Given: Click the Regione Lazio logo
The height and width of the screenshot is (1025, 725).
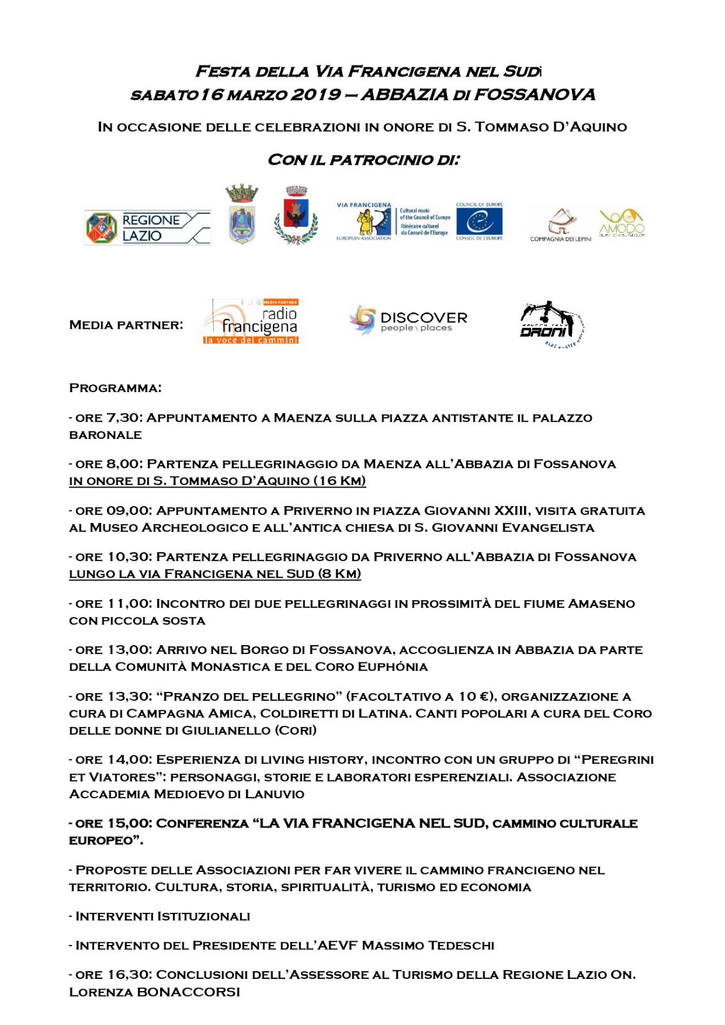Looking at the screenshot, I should (147, 228).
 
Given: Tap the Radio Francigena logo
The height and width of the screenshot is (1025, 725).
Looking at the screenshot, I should (251, 322).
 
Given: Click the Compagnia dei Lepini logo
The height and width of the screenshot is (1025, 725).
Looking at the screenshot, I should (560, 225).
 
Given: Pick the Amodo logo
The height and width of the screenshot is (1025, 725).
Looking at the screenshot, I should (621, 224).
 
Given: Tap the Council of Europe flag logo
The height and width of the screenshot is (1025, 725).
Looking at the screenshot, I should (479, 222).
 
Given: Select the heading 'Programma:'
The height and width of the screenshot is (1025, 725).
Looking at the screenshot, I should (115, 388).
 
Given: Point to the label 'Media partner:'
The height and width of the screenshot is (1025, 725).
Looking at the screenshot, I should (126, 325).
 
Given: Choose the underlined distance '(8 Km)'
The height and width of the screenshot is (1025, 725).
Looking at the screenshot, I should (339, 573).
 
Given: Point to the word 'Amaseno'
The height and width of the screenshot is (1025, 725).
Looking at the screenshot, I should (601, 603).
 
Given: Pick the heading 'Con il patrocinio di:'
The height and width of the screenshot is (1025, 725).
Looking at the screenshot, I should (363, 160).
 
